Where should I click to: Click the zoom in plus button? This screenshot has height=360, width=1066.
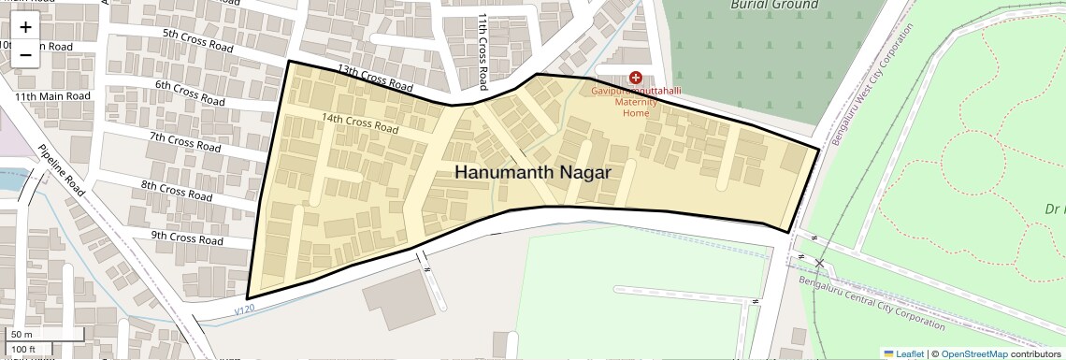coord(25,28)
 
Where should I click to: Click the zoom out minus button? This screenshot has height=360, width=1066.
coord(25,54)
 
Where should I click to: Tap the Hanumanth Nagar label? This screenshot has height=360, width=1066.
coord(532,173)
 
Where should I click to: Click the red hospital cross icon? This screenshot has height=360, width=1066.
coord(636,78)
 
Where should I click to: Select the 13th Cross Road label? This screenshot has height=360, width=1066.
coord(374,79)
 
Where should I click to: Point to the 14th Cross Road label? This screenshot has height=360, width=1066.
coord(360,122)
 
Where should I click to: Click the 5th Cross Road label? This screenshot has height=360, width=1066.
coord(197,39)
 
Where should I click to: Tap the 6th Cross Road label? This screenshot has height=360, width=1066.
coord(189,93)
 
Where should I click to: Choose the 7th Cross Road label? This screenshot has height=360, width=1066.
coord(185,142)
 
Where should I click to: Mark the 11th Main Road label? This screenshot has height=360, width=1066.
coord(52,96)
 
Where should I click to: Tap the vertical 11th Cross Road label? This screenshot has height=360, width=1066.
coord(483,43)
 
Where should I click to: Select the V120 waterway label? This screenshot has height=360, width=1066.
coord(245,308)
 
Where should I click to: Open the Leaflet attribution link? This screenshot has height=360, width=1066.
coord(903,353)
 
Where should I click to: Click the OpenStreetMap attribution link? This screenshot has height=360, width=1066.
coord(973,353)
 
